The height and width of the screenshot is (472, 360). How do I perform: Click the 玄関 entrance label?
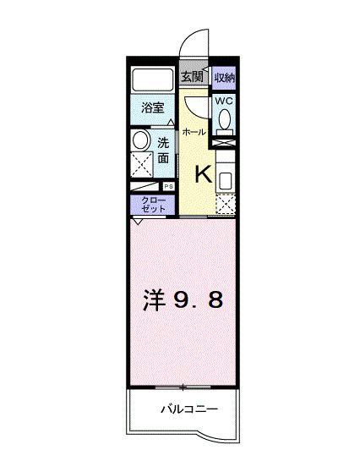[x=192, y=78]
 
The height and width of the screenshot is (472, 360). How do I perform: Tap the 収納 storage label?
[x=223, y=78]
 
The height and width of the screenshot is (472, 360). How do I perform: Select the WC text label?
[x=223, y=101]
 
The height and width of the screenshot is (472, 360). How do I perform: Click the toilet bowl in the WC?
[x=223, y=121]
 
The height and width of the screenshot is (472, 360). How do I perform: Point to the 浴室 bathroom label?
[x=152, y=108]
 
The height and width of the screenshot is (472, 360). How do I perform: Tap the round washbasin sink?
[x=141, y=140]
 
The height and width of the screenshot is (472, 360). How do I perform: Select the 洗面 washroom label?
[x=163, y=151]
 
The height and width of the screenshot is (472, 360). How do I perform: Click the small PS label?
[x=168, y=187]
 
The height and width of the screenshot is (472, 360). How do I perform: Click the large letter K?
[x=204, y=175]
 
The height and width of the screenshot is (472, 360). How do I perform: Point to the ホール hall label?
[x=192, y=134]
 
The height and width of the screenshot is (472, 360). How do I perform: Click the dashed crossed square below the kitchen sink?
[x=226, y=203]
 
